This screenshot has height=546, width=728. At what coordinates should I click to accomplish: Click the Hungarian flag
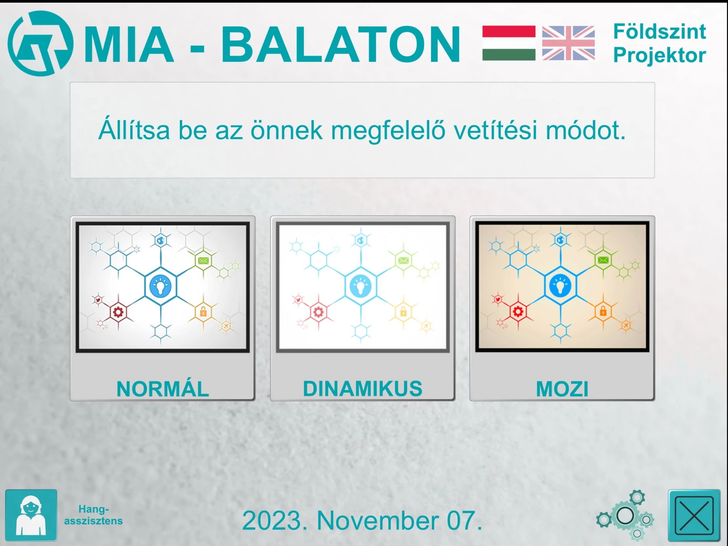509,43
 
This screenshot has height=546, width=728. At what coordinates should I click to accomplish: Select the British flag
568,43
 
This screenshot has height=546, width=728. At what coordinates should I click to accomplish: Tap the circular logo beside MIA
41,43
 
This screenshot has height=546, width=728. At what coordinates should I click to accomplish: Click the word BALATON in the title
340,44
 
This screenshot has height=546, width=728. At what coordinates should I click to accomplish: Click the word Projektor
659,55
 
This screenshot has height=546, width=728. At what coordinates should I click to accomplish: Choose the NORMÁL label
163,389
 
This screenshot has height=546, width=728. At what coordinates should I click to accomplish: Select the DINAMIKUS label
362,389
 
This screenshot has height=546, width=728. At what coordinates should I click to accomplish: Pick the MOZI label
562,389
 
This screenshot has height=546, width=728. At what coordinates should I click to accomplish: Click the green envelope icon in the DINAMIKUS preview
403,260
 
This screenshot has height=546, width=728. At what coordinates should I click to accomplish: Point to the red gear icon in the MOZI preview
518,312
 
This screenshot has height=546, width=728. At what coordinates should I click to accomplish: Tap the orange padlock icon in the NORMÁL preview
203,311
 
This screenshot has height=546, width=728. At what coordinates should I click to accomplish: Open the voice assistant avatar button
31,515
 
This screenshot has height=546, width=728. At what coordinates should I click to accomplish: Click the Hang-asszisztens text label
93,515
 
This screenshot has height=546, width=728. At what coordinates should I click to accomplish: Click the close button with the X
694,515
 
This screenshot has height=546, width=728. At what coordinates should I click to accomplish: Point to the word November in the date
377,520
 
